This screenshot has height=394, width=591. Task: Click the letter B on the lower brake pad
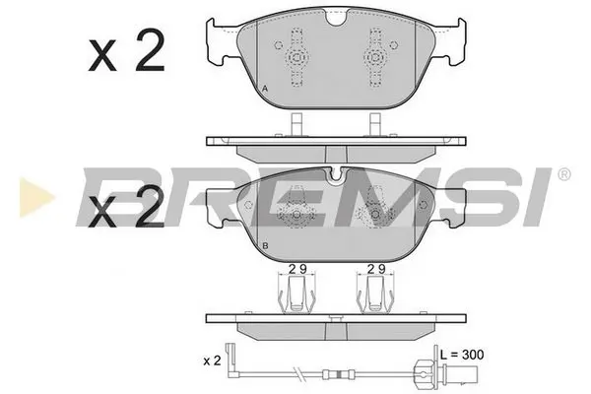tap(267, 245)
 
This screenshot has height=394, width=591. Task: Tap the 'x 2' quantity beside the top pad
tap(125, 54)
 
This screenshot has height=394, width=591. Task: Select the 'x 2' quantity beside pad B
tap(125, 209)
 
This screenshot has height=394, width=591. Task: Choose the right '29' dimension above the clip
tap(374, 268)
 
